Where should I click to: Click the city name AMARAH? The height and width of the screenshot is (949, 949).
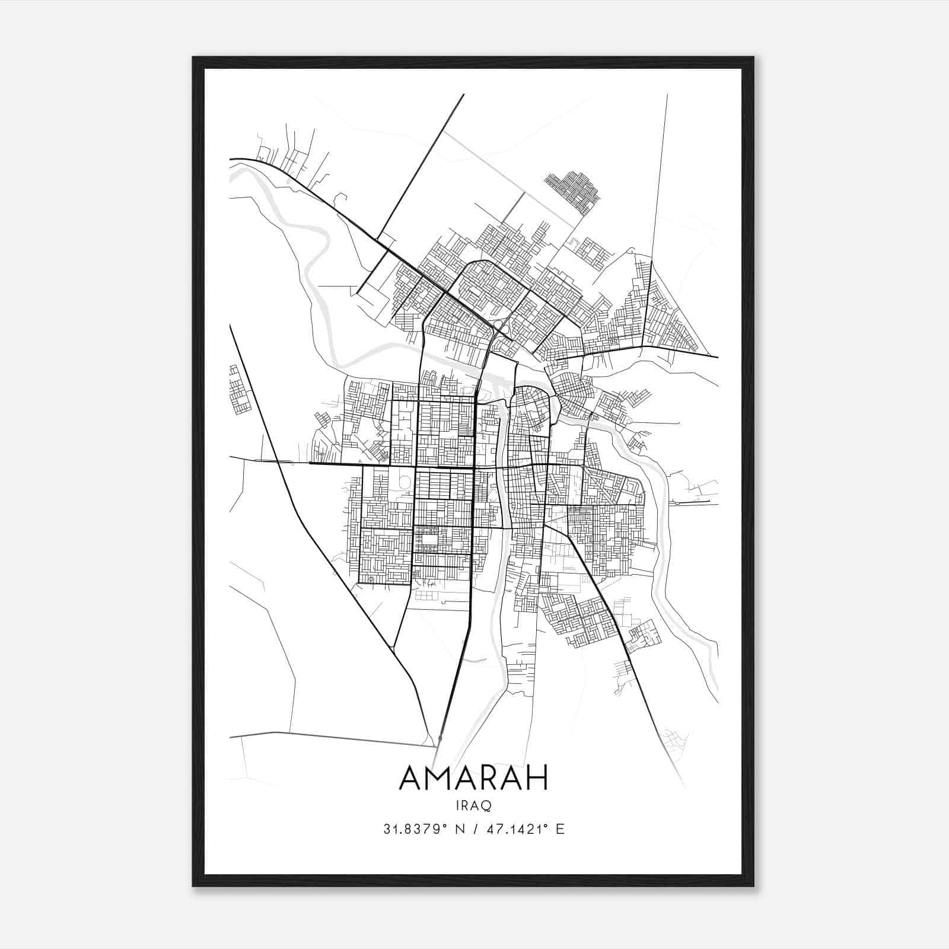tap(473, 778)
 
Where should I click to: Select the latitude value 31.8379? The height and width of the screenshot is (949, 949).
tap(410, 829)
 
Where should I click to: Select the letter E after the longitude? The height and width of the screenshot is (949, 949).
tap(559, 829)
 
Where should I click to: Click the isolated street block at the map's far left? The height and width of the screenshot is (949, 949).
tap(239, 390)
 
